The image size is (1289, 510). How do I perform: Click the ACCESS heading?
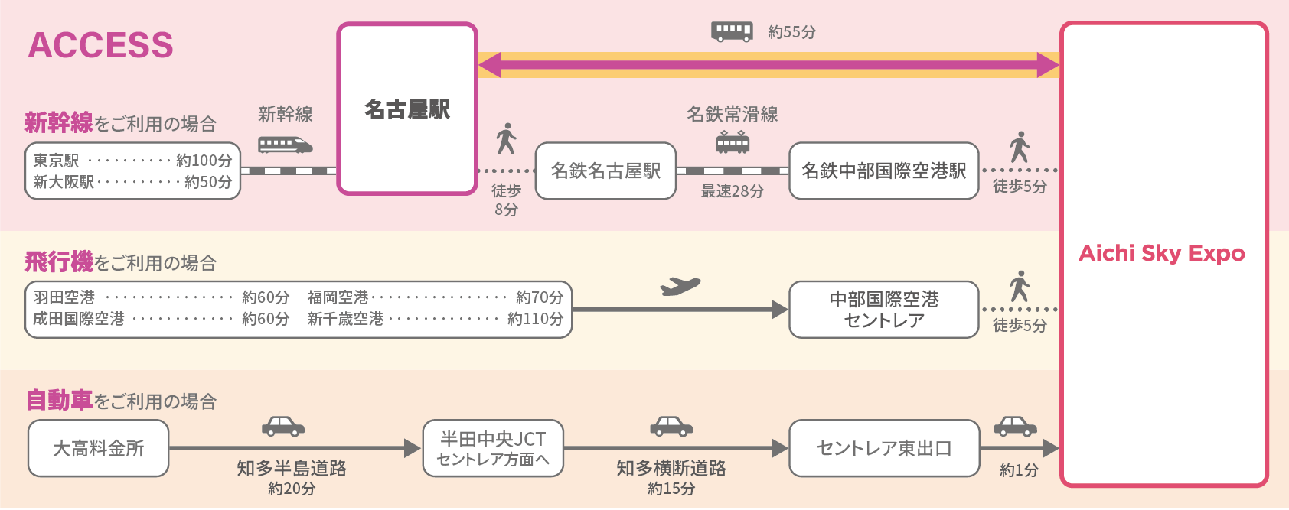click(x=100, y=45)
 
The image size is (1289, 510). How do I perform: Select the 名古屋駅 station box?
click(x=407, y=109)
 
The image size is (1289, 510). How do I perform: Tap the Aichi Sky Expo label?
click(x=1162, y=253)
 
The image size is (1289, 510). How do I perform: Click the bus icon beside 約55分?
click(x=731, y=31)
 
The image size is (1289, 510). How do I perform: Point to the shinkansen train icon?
click(x=285, y=144)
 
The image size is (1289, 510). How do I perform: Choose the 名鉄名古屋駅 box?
click(x=605, y=171)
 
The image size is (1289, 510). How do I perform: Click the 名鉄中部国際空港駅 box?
click(x=883, y=171)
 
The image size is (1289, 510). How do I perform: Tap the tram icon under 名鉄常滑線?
click(x=733, y=142)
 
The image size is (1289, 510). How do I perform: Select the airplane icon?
click(x=680, y=286)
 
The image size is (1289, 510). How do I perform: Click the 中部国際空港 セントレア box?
click(x=883, y=310)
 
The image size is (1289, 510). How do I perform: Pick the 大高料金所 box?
click(x=98, y=448)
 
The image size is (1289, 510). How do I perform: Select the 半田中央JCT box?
click(x=493, y=448)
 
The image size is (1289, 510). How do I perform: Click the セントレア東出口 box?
click(x=883, y=448)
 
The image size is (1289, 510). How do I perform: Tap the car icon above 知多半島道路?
click(x=283, y=426)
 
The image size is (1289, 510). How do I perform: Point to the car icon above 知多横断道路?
click(x=671, y=426)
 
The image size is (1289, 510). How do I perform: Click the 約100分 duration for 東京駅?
click(x=204, y=161)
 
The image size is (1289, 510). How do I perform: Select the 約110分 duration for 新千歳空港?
click(x=535, y=319)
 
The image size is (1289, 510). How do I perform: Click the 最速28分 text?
click(x=733, y=191)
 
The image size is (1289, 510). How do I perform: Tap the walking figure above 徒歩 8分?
click(x=506, y=139)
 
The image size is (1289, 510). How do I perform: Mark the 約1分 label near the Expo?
click(x=1019, y=470)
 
